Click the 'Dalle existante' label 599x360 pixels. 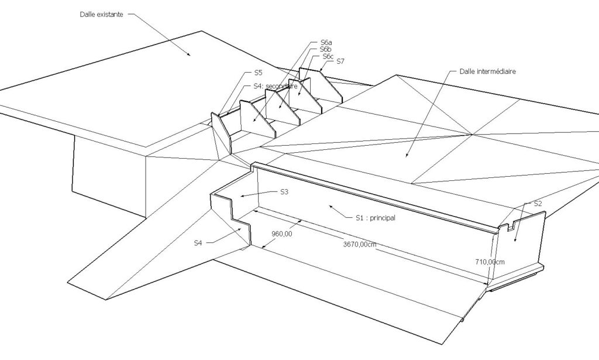pyautogui.click(x=101, y=15)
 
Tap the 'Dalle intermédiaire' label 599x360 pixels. pyautogui.click(x=487, y=71)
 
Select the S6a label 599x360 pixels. pyautogui.click(x=326, y=42)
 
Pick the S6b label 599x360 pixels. pyautogui.click(x=325, y=49)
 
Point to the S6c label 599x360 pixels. pyautogui.click(x=328, y=57)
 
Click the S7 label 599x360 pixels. pyautogui.click(x=340, y=61)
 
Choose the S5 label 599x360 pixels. pyautogui.click(x=258, y=73)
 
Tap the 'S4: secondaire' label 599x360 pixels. pyautogui.click(x=275, y=87)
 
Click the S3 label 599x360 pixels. pyautogui.click(x=284, y=192)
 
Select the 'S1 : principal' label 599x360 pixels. pyautogui.click(x=375, y=218)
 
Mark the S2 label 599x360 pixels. pyautogui.click(x=538, y=204)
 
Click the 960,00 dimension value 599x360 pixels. pyautogui.click(x=281, y=234)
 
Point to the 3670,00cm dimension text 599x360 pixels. pyautogui.click(x=360, y=244)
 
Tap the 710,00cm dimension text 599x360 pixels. pyautogui.click(x=490, y=262)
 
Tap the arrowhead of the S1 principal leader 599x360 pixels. pyautogui.click(x=331, y=207)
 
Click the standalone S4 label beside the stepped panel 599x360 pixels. pyautogui.click(x=198, y=243)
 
